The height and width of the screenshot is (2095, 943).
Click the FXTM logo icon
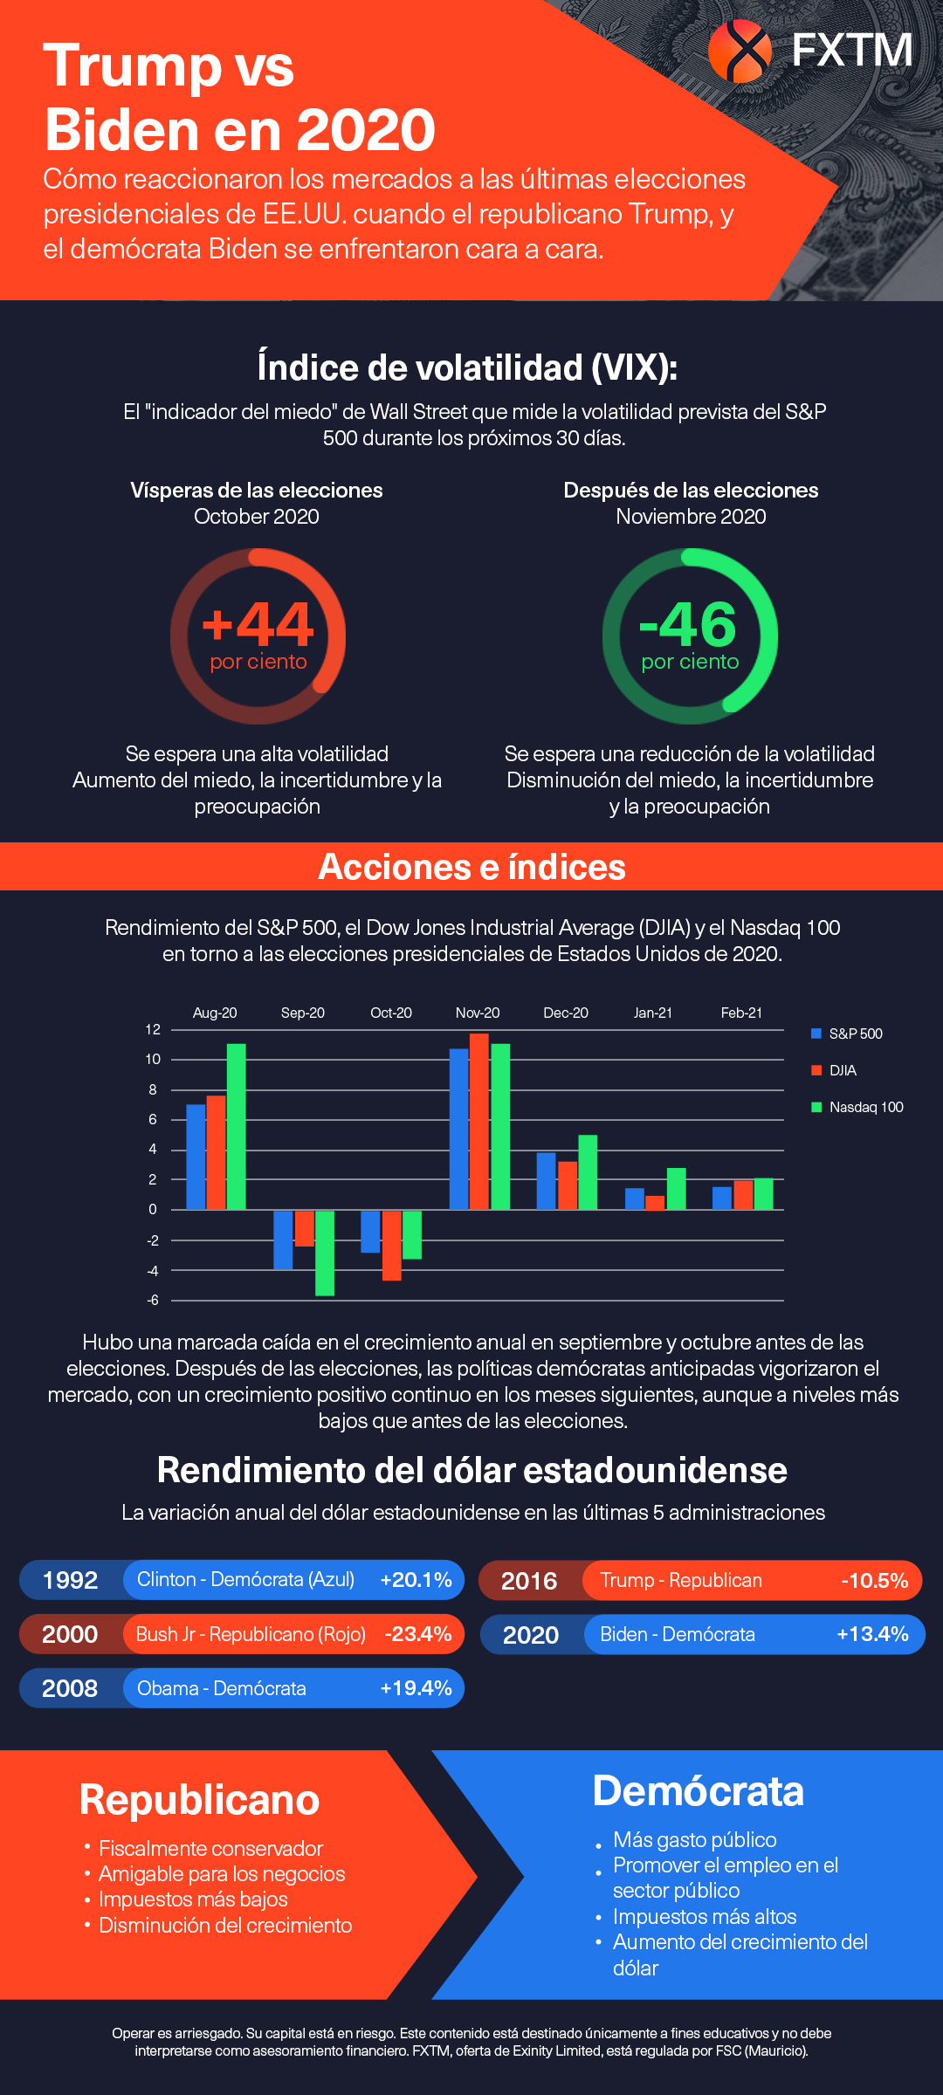click(x=740, y=51)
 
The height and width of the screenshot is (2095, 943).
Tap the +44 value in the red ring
click(x=258, y=623)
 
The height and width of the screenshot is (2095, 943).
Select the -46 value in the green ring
click(x=689, y=623)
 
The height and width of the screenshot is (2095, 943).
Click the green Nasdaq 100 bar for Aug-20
click(x=237, y=1126)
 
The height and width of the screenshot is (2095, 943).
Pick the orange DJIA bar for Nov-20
click(x=478, y=1122)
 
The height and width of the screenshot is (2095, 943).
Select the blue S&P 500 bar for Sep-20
click(x=283, y=1240)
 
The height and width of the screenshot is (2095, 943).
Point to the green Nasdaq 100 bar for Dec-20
click(x=588, y=1172)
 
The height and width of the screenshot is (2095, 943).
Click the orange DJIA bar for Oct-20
click(x=391, y=1245)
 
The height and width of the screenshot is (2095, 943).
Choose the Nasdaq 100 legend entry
click(x=865, y=1107)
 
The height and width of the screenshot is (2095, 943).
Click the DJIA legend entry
click(x=842, y=1070)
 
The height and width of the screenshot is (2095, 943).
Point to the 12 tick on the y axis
click(x=153, y=1029)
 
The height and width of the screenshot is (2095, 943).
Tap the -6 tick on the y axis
click(x=153, y=1300)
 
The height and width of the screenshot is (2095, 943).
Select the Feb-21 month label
click(x=741, y=1013)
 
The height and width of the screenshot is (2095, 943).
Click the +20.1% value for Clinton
click(x=416, y=1580)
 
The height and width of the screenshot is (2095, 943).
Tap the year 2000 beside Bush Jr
click(x=70, y=1634)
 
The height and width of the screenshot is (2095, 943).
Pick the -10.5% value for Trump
click(x=874, y=1581)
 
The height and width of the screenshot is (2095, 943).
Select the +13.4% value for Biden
click(x=872, y=1634)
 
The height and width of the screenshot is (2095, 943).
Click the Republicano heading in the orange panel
click(x=199, y=1800)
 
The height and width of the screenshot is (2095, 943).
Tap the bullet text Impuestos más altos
click(x=705, y=1916)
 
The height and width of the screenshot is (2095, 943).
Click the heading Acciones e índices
click(x=471, y=867)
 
